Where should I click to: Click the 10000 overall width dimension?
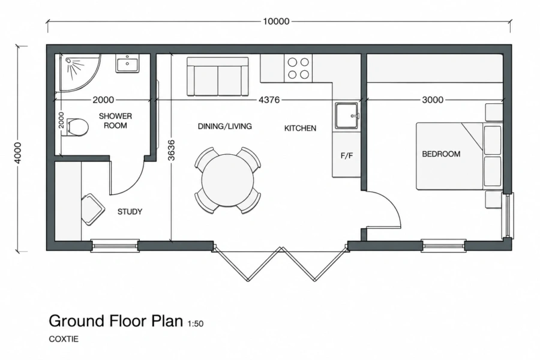coord(276,22)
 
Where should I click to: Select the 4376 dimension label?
coord(269,100)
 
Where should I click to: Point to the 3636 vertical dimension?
coord(171,150)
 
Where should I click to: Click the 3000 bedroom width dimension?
coord(433,100)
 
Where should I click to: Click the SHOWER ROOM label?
coord(115,121)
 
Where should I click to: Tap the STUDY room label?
coord(130,212)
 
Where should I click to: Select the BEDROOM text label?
coord(441,154)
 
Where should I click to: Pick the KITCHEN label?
coord(301,128)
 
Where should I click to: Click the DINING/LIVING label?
coord(225,127)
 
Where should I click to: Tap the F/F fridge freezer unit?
coord(346,155)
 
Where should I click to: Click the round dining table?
coord(227,180)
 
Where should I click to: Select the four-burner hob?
coord(298,68)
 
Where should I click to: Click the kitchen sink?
coord(347,116)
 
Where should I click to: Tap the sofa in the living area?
coord(218,76)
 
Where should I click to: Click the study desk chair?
coord(93,209)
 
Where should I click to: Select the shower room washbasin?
coord(127,64)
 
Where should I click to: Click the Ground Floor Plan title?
coord(116,321)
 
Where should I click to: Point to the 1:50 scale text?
coord(196,323)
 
